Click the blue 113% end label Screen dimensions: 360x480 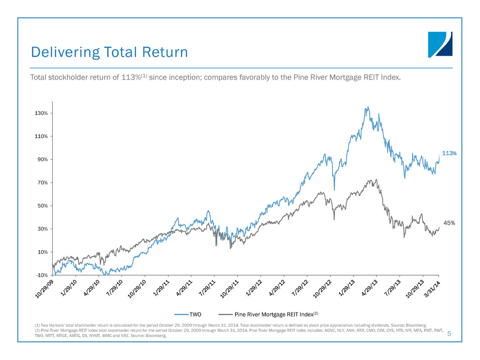pyautogui.click(x=449, y=153)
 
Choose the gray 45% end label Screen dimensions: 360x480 pyautogui.click(x=449, y=223)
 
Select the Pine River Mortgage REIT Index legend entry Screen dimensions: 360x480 pyautogui.click(x=274, y=314)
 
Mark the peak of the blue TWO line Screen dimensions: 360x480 pyautogui.click(x=367, y=107)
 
